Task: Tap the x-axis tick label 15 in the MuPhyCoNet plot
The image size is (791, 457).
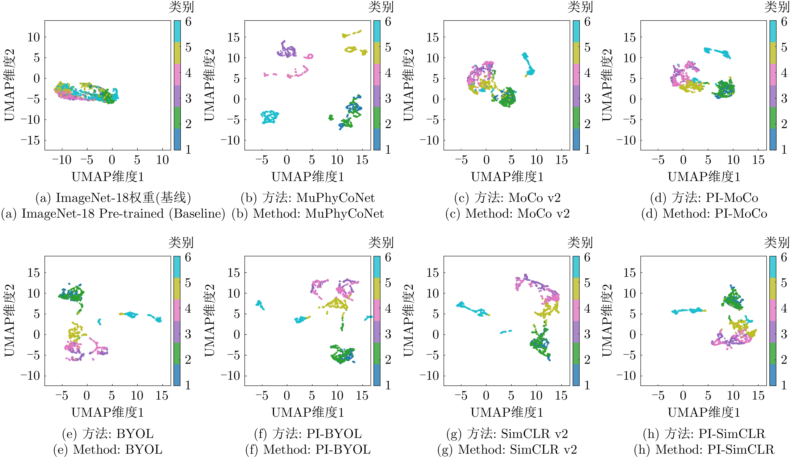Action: click(x=362, y=160)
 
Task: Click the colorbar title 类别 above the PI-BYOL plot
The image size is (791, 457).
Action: click(x=381, y=242)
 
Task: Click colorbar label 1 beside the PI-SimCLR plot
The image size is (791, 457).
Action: click(x=784, y=385)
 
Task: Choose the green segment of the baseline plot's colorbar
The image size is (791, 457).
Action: click(x=177, y=117)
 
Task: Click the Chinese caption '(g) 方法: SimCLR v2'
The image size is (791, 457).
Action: click(x=507, y=434)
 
